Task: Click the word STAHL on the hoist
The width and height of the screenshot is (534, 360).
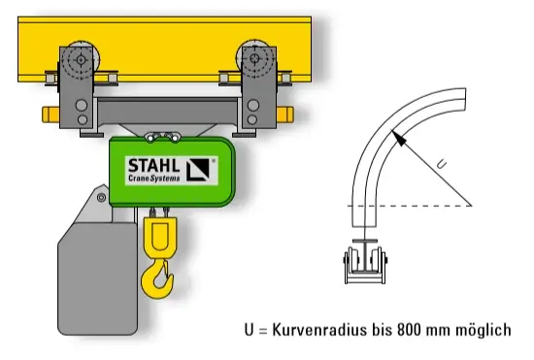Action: [153, 166]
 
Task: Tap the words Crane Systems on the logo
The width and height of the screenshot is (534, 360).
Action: [154, 178]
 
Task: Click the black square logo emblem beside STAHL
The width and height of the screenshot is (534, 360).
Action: [198, 170]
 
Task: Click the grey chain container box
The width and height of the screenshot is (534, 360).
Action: [98, 278]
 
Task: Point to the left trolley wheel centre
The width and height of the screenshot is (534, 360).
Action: [81, 60]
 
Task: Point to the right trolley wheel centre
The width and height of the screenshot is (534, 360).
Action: [254, 58]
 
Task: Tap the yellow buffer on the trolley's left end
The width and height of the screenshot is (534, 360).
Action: [50, 115]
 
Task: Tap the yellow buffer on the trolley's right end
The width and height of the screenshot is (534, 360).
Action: [285, 115]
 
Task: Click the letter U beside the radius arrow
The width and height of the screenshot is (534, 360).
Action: [441, 165]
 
